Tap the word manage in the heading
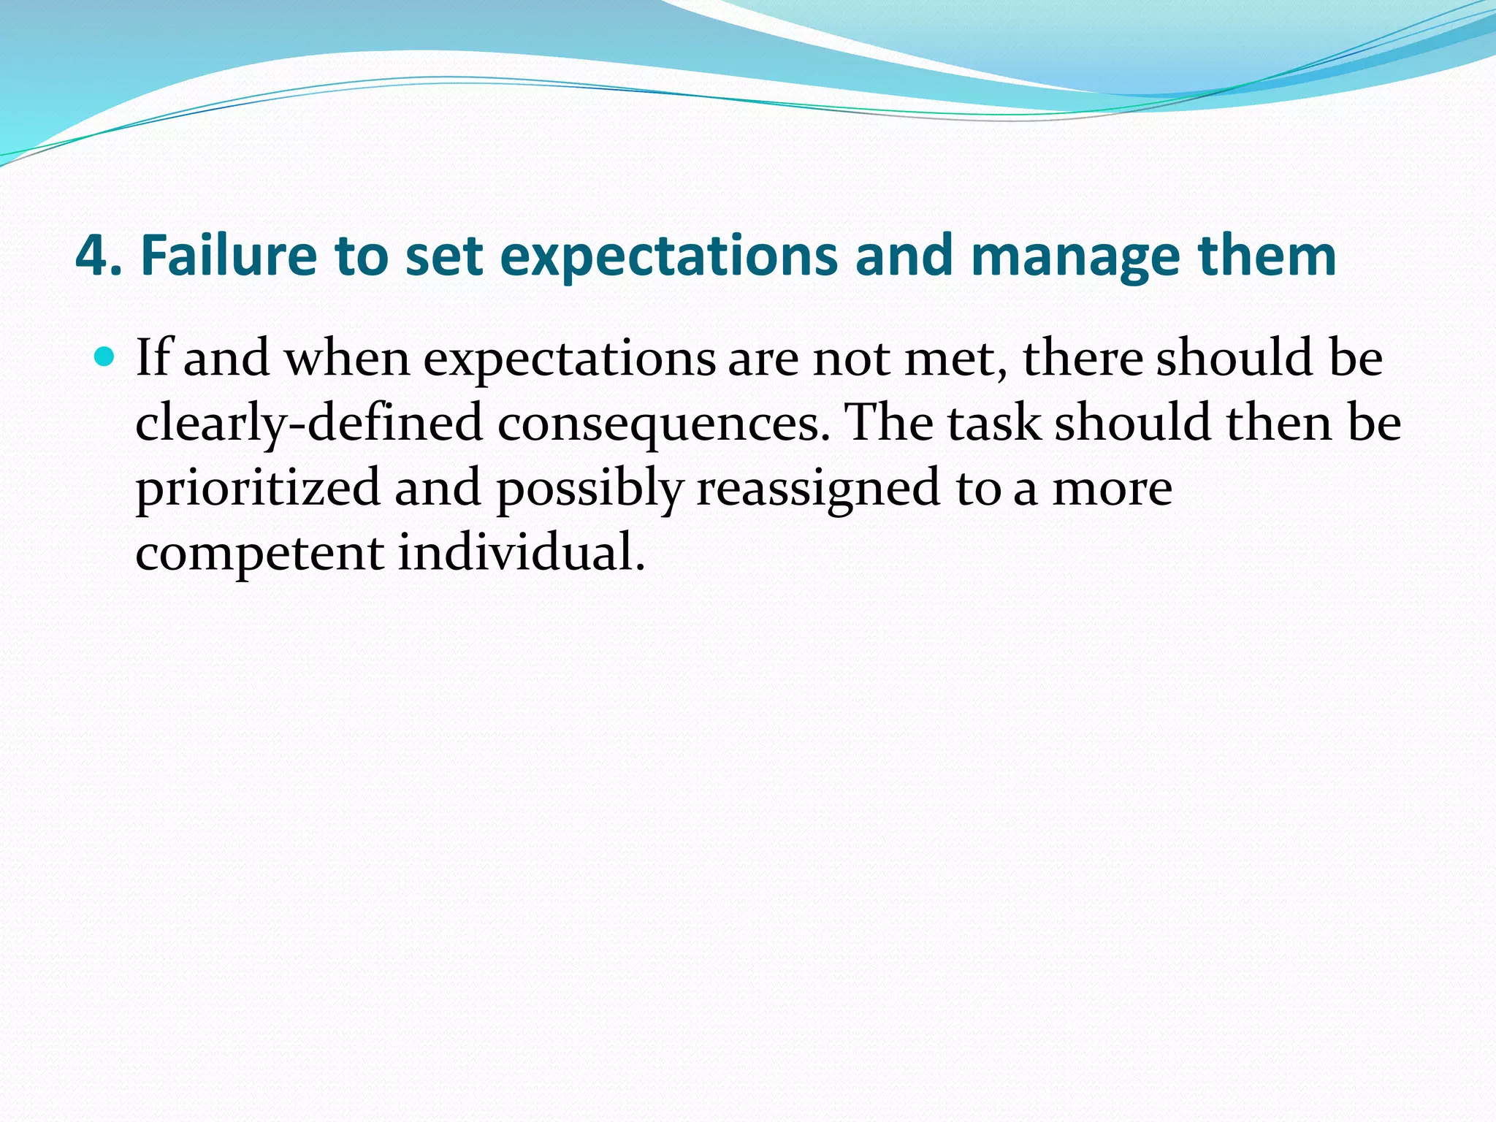(1074, 256)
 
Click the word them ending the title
(1267, 256)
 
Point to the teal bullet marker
(106, 357)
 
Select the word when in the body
(347, 359)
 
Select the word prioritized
(258, 488)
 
